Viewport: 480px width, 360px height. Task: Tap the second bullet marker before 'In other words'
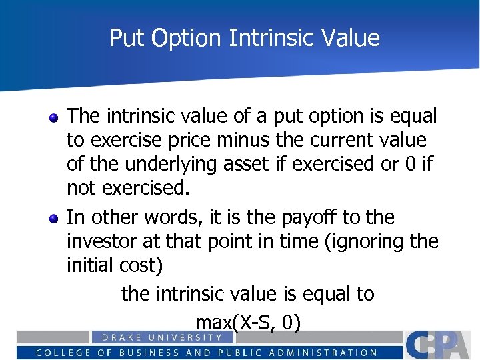pyautogui.click(x=53, y=219)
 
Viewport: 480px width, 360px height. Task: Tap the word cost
pyautogui.click(x=142, y=265)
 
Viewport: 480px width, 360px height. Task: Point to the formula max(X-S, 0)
pyautogui.click(x=248, y=323)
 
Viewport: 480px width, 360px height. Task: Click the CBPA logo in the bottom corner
pyautogui.click(x=441, y=344)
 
